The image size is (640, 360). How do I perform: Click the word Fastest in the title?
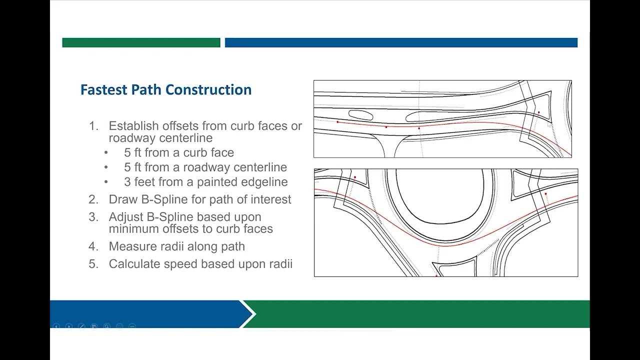pyautogui.click(x=104, y=89)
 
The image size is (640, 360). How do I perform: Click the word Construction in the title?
pyautogui.click(x=208, y=89)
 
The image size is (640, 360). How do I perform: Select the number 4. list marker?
pyautogui.click(x=93, y=246)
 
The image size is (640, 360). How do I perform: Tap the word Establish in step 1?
pyautogui.click(x=134, y=126)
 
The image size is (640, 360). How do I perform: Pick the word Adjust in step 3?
pyautogui.click(x=126, y=217)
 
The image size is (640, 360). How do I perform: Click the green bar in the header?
pyautogui.click(x=141, y=42)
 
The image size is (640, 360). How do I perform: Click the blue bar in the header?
pyautogui.click(x=401, y=42)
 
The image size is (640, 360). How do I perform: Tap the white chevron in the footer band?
pyautogui.click(x=248, y=314)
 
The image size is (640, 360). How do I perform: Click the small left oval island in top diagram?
pyautogui.click(x=360, y=115)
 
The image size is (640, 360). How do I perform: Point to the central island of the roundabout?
pyautogui.click(x=440, y=196)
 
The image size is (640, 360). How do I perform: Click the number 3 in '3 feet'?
pyautogui.click(x=127, y=182)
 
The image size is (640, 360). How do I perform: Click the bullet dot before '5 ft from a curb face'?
pyautogui.click(x=106, y=153)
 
